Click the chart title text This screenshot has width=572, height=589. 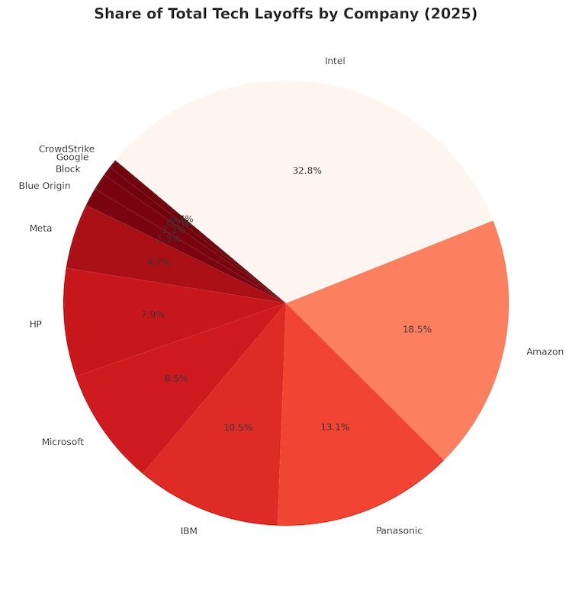[285, 14]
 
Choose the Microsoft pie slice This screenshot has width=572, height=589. [160, 396]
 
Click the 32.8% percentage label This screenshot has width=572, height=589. [307, 171]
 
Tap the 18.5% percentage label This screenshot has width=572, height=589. [417, 330]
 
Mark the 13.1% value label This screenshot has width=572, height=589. [335, 427]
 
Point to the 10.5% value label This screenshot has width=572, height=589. [238, 427]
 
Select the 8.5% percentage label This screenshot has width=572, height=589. [175, 379]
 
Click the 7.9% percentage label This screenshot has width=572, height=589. [153, 314]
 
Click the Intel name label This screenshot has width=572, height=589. [335, 61]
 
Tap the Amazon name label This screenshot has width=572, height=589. [545, 352]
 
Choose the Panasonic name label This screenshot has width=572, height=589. [399, 530]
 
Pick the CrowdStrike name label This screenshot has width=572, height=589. [66, 149]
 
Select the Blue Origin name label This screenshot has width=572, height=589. [44, 186]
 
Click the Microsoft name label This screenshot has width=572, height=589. [63, 442]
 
